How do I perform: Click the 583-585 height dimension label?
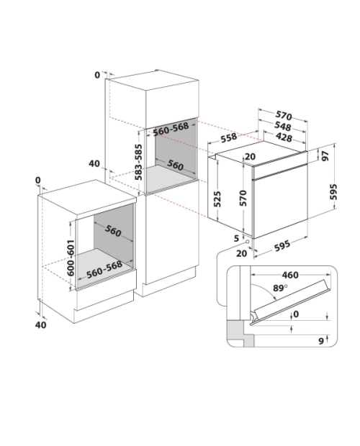[138, 162]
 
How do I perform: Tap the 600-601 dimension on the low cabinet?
[71, 258]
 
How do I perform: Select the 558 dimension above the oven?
[229, 137]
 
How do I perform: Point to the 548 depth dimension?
[282, 127]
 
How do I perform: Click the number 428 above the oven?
[284, 137]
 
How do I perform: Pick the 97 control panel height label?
[325, 156]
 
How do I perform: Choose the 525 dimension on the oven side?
[217, 199]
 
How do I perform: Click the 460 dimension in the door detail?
[290, 275]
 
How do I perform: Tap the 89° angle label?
[280, 288]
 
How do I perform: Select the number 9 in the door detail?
[321, 341]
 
